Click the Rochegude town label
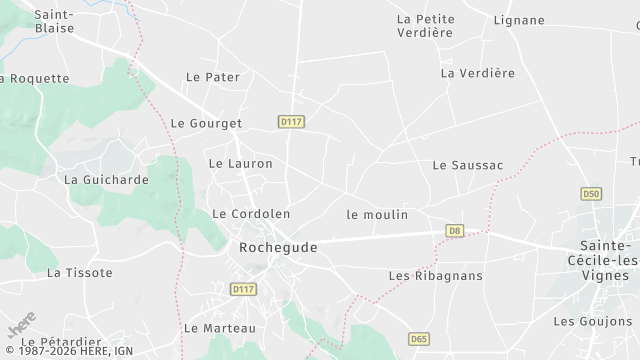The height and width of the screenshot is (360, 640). coord(278,246)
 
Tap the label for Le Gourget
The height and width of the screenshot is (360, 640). coord(207,124)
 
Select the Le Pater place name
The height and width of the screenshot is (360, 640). coord(207,77)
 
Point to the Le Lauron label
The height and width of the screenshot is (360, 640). coord(240,163)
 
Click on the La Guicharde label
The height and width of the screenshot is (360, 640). coord(106,180)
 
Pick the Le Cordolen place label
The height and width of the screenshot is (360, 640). coord(251,214)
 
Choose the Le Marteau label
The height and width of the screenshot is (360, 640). coord(220,328)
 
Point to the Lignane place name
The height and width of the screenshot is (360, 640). coord(519,20)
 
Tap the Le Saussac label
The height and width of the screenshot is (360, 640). coord(468,165)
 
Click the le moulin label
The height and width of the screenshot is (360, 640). coord(376,215)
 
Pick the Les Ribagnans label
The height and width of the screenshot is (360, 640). coord(435,276)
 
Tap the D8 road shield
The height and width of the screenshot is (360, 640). coord(455,231)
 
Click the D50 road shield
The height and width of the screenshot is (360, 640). coord(592,193)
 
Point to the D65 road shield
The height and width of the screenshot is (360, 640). coord(419,340)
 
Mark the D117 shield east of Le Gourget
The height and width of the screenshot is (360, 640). coord(291,122)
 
